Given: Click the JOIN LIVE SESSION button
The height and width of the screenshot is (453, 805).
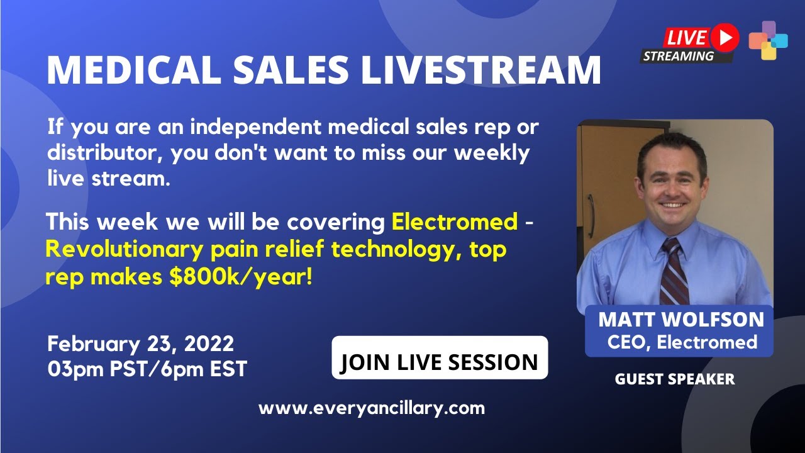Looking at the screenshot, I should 440,362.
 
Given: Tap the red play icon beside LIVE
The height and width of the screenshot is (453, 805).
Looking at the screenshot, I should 725,38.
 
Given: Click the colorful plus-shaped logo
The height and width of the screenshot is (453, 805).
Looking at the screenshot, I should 768,40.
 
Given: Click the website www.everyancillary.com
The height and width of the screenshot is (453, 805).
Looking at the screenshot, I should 372,408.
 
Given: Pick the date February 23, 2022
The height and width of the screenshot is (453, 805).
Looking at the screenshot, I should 140,344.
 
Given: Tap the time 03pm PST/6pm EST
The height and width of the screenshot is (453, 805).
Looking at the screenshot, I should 147,369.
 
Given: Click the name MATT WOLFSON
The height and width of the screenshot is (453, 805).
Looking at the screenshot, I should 681,320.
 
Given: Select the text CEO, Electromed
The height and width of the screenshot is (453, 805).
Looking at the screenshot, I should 682,342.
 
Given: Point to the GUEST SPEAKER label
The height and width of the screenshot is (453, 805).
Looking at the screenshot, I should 674,379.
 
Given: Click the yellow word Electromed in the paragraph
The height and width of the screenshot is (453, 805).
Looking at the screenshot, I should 454,221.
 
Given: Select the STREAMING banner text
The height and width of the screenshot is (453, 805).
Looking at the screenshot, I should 678,56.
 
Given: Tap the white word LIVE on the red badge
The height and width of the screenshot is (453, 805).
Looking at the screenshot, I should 686,38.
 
